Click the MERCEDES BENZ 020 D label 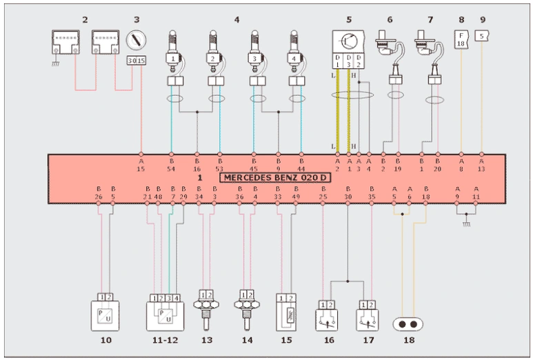tap(275, 178)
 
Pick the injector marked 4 tap(295, 61)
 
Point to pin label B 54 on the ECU tap(171, 164)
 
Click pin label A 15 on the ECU tap(141, 164)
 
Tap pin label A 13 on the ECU tap(481, 164)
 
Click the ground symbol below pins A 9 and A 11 tap(466, 223)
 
